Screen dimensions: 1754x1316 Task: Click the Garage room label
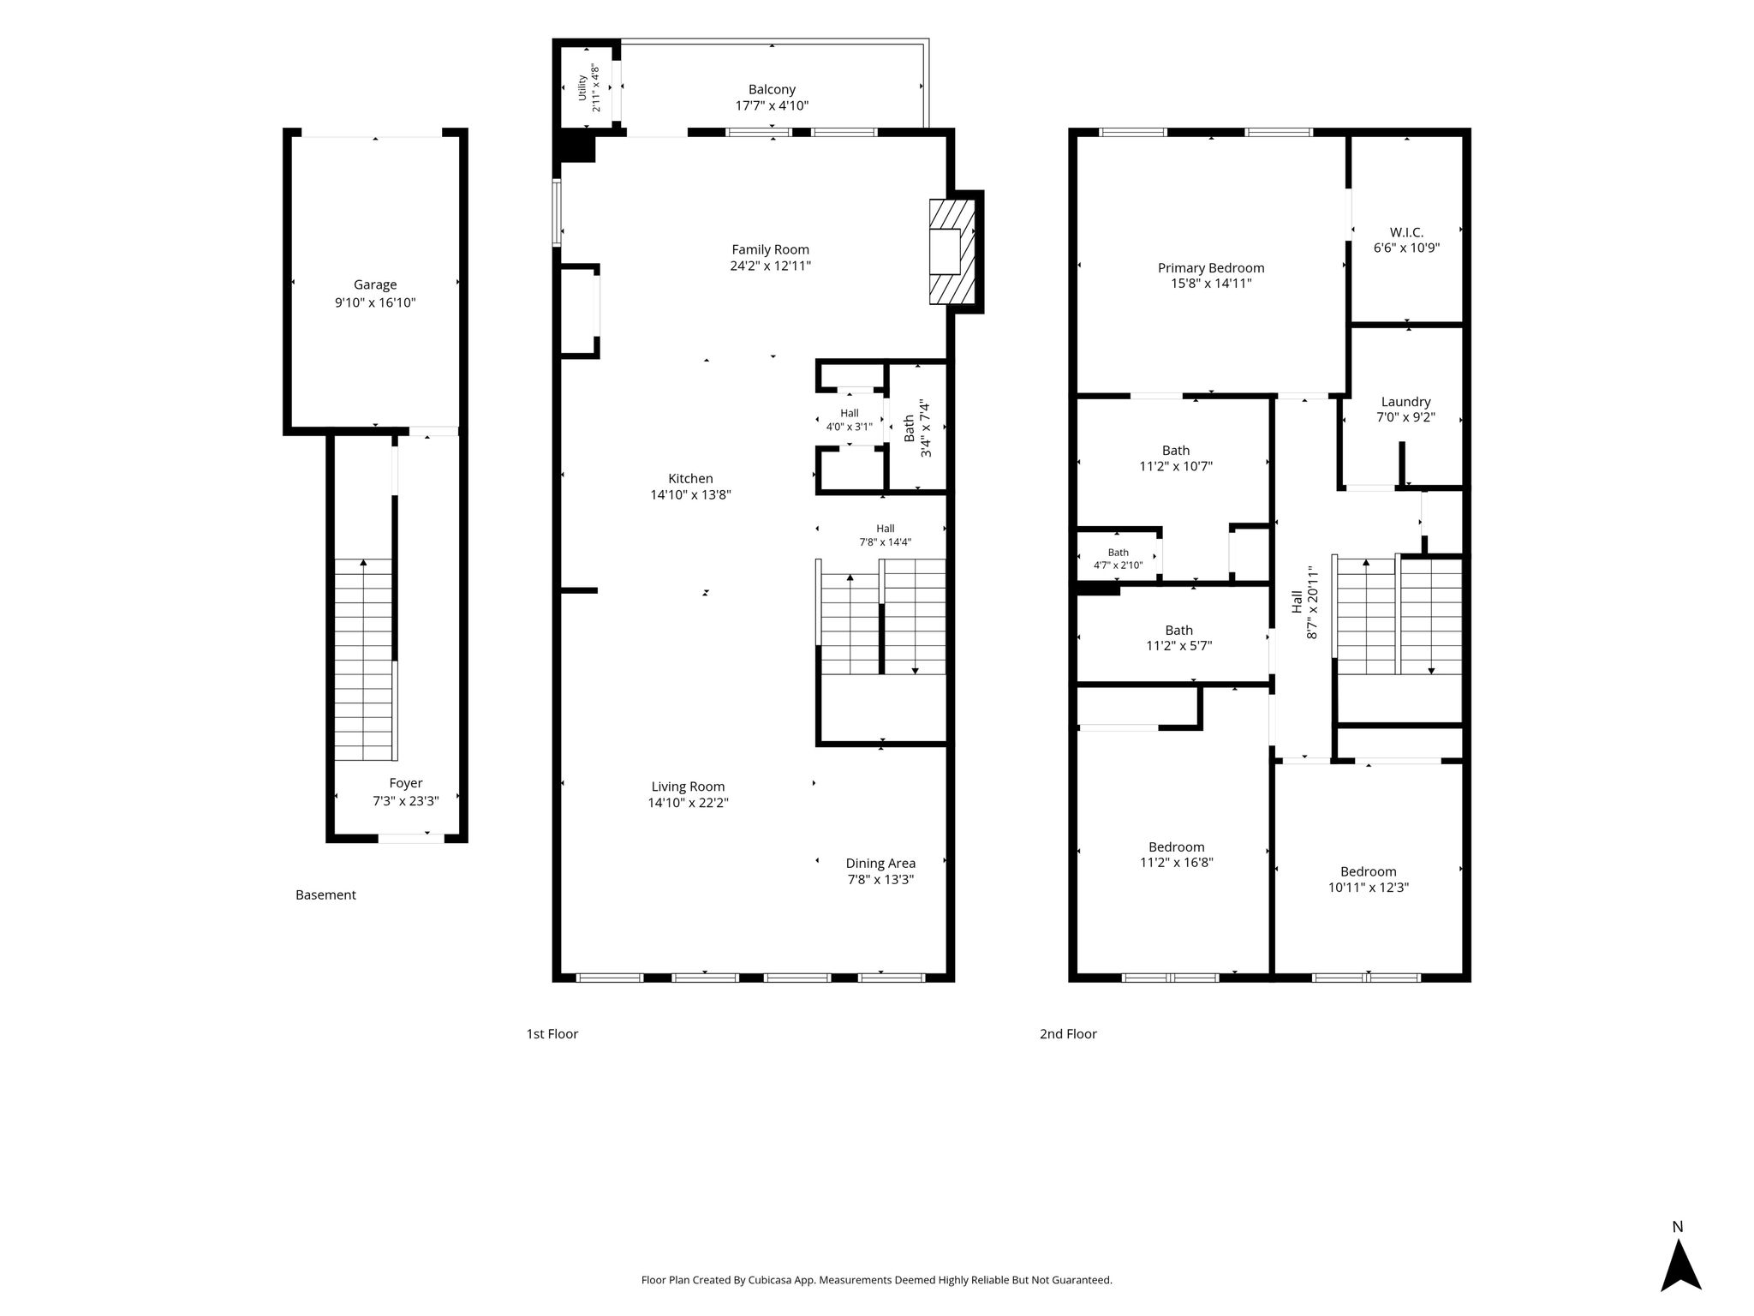[x=375, y=285]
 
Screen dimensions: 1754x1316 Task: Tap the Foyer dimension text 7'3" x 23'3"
[x=406, y=801]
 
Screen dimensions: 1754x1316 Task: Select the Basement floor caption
[x=325, y=895]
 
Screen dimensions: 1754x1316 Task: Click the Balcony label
[x=772, y=90]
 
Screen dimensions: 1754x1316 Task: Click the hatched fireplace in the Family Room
[x=952, y=252]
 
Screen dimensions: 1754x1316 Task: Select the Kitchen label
[x=690, y=479]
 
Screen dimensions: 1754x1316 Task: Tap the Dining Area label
[x=880, y=864]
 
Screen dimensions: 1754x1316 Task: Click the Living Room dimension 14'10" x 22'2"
[x=689, y=803]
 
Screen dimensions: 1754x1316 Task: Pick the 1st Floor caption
[x=552, y=1034]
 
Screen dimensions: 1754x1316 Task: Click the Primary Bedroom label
[x=1211, y=268]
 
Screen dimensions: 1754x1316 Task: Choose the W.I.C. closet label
[x=1406, y=232]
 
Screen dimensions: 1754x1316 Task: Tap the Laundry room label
[x=1405, y=402]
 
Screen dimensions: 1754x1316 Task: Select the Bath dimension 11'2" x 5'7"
[x=1179, y=646]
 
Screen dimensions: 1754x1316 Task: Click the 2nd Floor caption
[x=1068, y=1034]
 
